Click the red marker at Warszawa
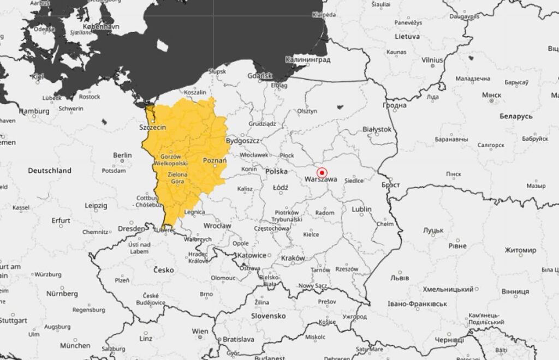point(321,170)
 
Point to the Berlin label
point(122,155)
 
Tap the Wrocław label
point(217,225)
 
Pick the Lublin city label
point(362,209)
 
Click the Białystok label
point(377,129)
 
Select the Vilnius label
point(432,60)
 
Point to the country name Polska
point(276,171)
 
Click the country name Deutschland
point(50,171)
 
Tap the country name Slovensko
point(268,316)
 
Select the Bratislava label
point(239,339)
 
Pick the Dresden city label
point(132,229)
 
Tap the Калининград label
point(307,59)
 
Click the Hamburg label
point(31,111)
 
